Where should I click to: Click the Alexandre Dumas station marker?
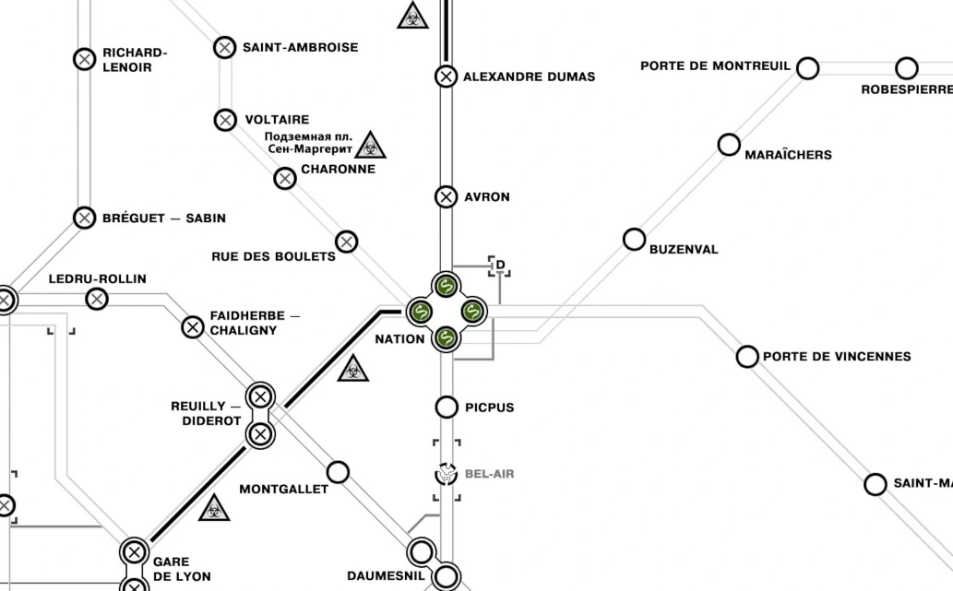pos(447,77)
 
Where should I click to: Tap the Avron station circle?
pos(447,196)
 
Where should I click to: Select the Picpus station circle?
pos(447,407)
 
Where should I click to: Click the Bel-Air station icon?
pos(447,474)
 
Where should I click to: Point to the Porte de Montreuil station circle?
pos(807,68)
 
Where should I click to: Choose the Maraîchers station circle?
pos(729,145)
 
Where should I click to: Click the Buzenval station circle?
pos(634,240)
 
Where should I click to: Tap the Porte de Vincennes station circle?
pos(747,357)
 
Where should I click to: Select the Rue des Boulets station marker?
pos(346,242)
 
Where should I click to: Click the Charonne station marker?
pos(285,179)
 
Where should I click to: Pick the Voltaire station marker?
pos(225,120)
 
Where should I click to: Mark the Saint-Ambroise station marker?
pos(225,47)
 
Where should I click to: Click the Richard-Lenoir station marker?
pos(84,59)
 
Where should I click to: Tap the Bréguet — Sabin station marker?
pos(84,219)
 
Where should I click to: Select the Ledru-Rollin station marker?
pos(97,299)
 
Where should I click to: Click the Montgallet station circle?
pos(339,472)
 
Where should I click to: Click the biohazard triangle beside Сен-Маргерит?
pos(371,145)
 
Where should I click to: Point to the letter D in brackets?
pos(500,266)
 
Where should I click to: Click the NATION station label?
pos(399,339)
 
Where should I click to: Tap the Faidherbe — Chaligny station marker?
pos(193,326)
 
